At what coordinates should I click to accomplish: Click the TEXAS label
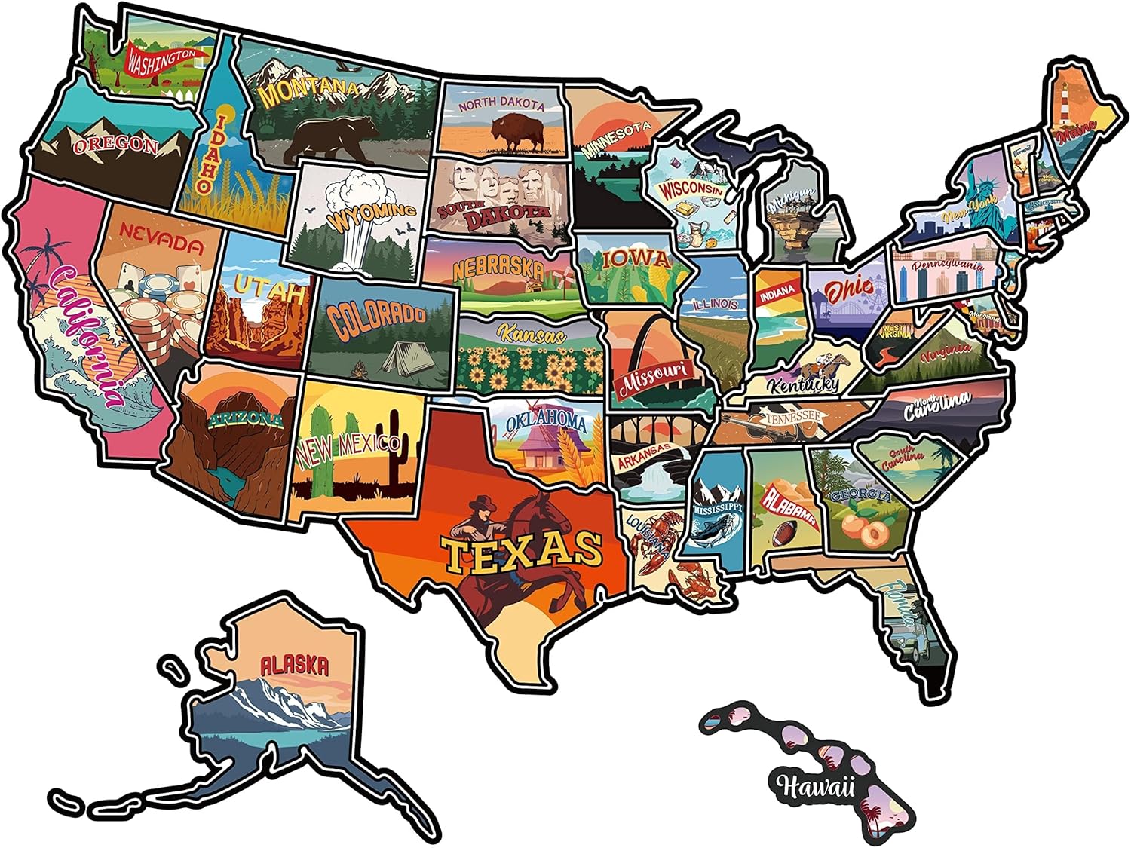(x=522, y=551)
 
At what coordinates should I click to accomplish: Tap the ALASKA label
(x=294, y=666)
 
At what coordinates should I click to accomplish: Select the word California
(x=83, y=332)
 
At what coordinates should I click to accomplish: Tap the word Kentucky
(x=803, y=384)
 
